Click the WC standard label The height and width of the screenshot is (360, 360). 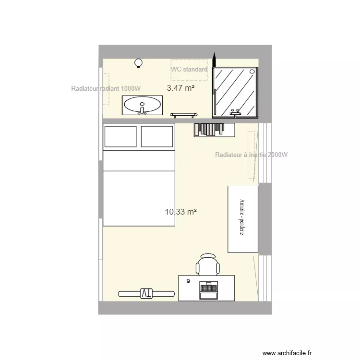click(x=189, y=70)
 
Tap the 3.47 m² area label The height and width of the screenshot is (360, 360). click(x=180, y=88)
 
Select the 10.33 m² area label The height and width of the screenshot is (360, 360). click(x=181, y=211)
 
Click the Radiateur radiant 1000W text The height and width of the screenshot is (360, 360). click(x=106, y=89)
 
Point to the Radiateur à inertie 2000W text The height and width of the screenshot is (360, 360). click(x=252, y=155)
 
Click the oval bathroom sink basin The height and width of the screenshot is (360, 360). click(x=142, y=104)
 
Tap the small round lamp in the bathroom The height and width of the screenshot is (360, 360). click(x=139, y=62)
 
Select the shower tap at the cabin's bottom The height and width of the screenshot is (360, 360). click(x=235, y=113)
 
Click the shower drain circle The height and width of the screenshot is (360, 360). click(x=252, y=72)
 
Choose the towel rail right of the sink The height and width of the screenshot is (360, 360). click(x=184, y=114)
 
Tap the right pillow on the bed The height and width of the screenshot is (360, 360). click(x=157, y=136)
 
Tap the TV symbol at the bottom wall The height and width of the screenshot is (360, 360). click(x=146, y=293)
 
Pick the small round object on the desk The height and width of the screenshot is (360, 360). click(x=189, y=281)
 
